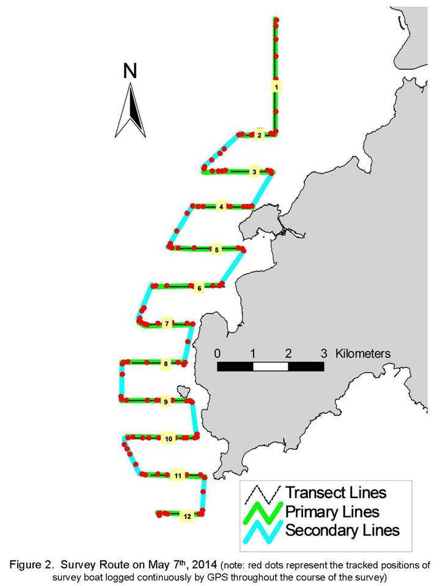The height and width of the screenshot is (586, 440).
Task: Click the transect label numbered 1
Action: tap(276, 87)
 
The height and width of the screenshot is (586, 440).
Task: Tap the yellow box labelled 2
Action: tap(260, 135)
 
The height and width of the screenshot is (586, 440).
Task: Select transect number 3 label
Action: tap(254, 172)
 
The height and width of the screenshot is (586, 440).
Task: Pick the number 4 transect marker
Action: tap(221, 207)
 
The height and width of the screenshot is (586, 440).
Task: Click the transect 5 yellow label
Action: tap(216, 250)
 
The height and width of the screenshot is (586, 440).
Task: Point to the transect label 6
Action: tap(200, 288)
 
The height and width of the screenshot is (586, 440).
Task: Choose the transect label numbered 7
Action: tap(167, 324)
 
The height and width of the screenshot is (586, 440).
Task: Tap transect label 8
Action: tap(166, 363)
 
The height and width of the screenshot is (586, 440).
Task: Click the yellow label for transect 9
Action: tap(166, 401)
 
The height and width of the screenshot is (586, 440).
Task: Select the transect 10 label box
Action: tap(169, 438)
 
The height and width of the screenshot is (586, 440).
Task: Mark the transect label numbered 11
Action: tap(178, 475)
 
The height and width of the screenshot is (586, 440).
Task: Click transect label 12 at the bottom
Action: tap(188, 516)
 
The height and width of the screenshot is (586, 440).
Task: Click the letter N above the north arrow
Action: tap(130, 71)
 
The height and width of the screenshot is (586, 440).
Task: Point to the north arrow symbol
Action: tap(130, 110)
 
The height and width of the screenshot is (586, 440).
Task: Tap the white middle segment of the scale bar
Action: tap(270, 367)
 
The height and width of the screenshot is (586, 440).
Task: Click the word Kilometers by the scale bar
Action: tap(362, 354)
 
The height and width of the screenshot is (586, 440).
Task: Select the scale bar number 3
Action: tap(324, 354)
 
